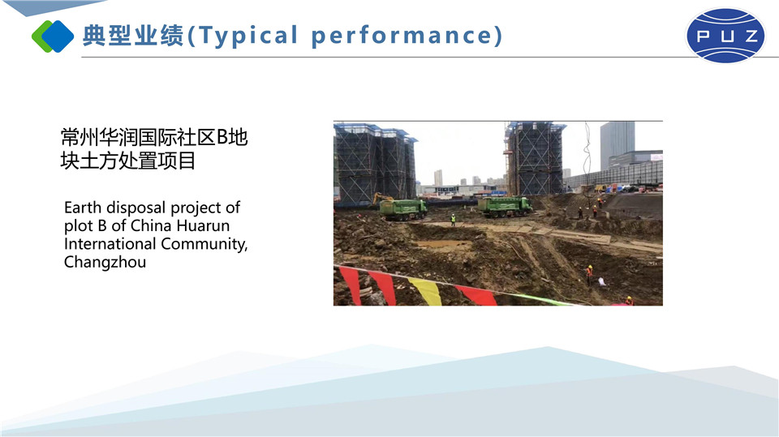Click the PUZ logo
point(725,35)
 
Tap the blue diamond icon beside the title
point(57,36)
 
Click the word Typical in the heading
point(248,36)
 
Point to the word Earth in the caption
point(83,207)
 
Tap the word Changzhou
point(105,262)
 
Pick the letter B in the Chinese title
point(222,138)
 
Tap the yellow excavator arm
point(381,198)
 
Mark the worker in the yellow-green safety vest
point(453,220)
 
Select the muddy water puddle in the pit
point(442,244)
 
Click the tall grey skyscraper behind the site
point(617,145)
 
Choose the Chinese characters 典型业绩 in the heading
point(133,36)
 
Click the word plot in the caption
point(78,226)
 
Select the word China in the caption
point(151,225)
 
